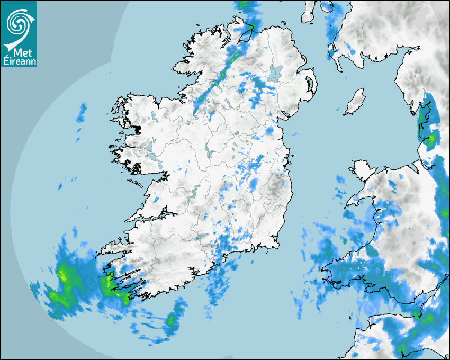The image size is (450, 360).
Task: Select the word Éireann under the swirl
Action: (x=19, y=61)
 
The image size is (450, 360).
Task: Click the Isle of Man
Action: (x=355, y=102)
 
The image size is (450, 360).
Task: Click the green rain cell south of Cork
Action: (x=171, y=319)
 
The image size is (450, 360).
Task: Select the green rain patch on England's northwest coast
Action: (x=431, y=139)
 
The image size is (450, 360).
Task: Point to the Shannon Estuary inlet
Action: (x=151, y=217)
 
